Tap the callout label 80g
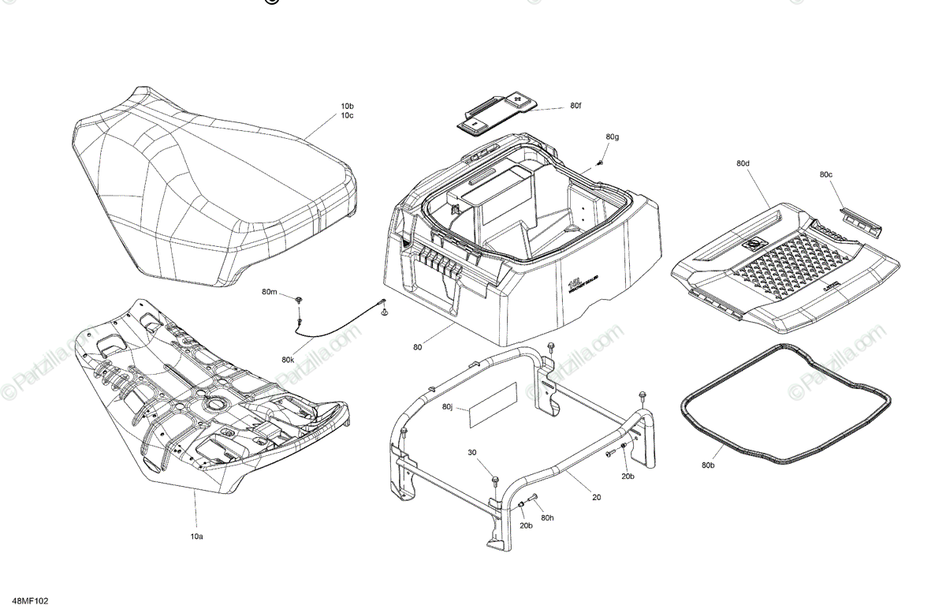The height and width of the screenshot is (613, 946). coord(613,137)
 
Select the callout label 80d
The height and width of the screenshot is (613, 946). coord(743,164)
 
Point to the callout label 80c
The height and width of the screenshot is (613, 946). coord(825,174)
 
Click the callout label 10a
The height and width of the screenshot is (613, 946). coord(196,536)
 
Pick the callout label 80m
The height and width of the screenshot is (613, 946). coord(270,293)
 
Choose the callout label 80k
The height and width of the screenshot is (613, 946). coord(288,360)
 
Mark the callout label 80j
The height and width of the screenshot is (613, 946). coord(449,407)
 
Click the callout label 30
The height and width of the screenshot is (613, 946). coord(472,452)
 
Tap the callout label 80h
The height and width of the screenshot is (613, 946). coord(548,518)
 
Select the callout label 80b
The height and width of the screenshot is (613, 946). coord(707,466)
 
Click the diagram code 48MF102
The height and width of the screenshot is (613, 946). coord(31,601)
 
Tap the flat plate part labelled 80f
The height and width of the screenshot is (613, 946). coord(497,111)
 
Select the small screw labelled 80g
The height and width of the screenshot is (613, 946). coord(600,163)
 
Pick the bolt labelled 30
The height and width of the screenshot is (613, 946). coord(494,479)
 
